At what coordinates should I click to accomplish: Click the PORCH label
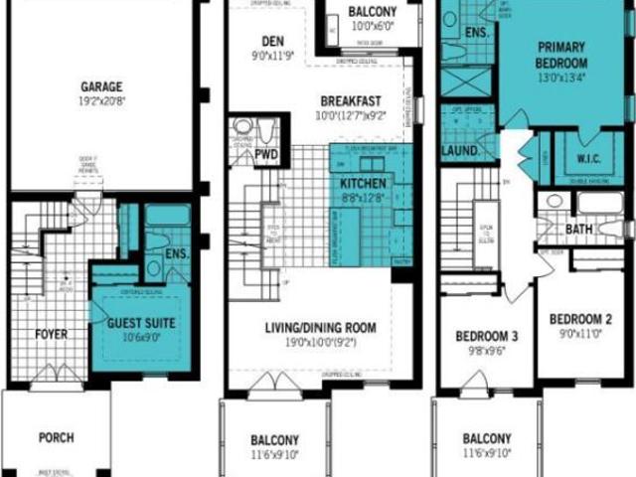click(x=56, y=436)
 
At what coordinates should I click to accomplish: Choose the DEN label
click(x=273, y=42)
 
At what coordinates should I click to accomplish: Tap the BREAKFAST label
click(x=352, y=100)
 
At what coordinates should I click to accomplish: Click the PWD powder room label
click(x=266, y=156)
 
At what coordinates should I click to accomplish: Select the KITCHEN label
click(x=362, y=185)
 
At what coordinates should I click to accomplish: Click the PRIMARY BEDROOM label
click(x=561, y=53)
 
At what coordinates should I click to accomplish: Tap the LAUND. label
click(x=461, y=152)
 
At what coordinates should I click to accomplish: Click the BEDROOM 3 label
click(x=481, y=335)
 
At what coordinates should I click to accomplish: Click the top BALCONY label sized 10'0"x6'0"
click(x=373, y=12)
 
